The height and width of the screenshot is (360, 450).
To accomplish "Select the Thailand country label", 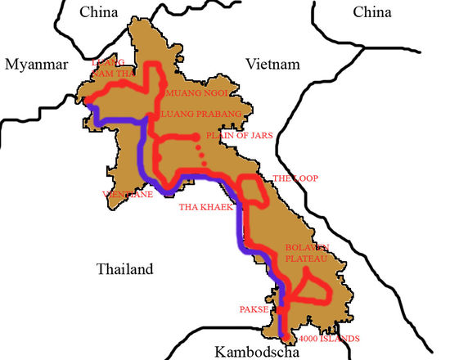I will (124, 269).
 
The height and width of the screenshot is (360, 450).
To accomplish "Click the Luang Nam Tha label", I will (112, 66).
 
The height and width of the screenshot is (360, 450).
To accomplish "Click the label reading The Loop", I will (295, 178).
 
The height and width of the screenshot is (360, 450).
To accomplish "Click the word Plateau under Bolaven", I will (306, 259).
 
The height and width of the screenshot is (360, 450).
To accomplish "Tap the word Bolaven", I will (307, 247).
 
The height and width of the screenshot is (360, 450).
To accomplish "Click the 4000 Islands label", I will (330, 339).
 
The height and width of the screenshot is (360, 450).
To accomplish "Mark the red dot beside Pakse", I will (280, 310).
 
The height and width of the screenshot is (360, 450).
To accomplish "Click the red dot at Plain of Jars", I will (196, 137).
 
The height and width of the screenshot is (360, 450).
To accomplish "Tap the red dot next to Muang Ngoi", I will (164, 84).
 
